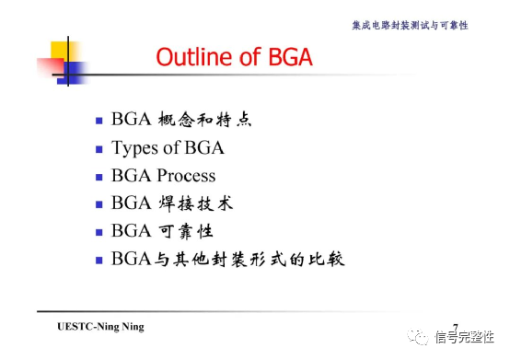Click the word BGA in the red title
coord(285,58)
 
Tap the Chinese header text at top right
coord(411,25)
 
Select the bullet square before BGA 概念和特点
coord(99,121)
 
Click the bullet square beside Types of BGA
coord(99,148)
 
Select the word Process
coord(186,176)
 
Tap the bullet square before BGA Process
coord(99,176)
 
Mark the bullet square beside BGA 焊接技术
coord(99,203)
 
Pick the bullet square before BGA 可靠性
coord(99,231)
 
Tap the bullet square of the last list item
coord(99,259)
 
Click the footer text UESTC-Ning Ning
coord(100,327)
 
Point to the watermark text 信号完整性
coord(465,338)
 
